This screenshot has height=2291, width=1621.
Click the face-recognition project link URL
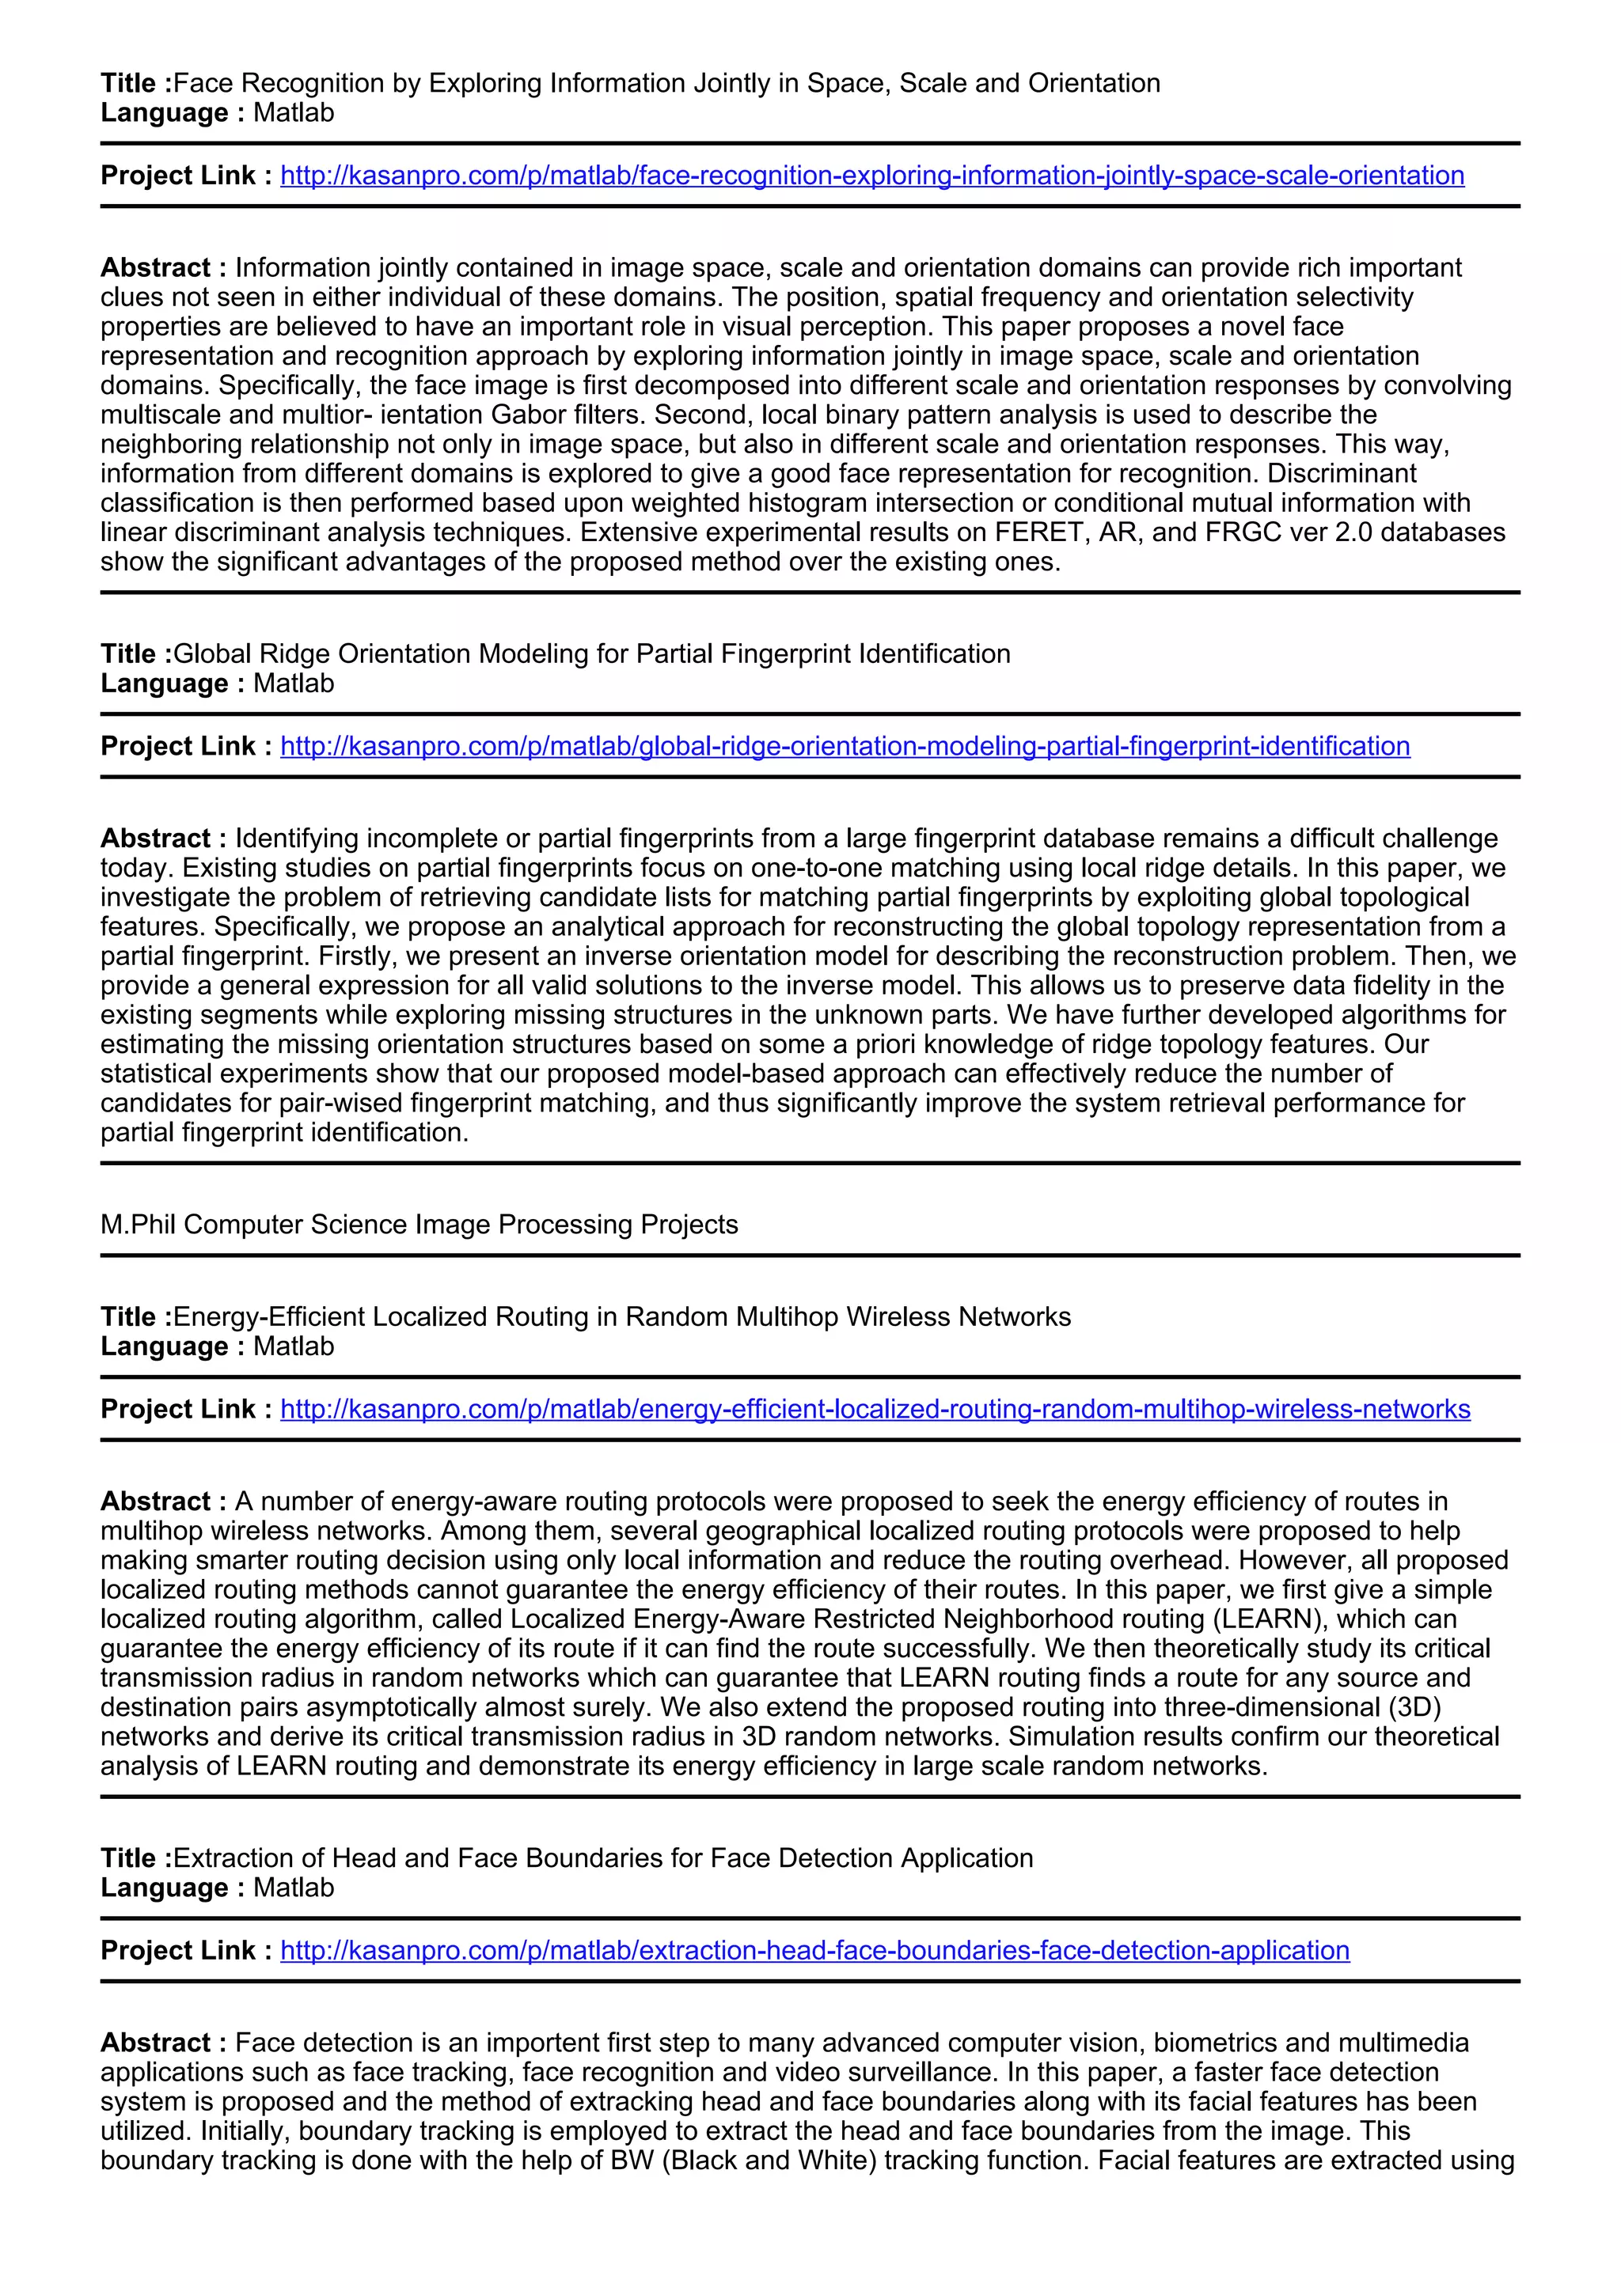pyautogui.click(x=871, y=176)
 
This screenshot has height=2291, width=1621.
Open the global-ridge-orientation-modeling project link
pyautogui.click(x=845, y=746)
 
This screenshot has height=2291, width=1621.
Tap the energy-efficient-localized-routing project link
pyautogui.click(x=875, y=1409)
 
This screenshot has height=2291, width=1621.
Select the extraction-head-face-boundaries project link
pyautogui.click(x=814, y=1950)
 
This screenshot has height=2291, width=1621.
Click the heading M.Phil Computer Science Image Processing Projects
pyautogui.click(x=419, y=1225)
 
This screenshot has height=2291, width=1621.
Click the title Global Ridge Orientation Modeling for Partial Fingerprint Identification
pyautogui.click(x=591, y=653)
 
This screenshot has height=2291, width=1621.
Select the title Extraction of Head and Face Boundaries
pyautogui.click(x=603, y=1858)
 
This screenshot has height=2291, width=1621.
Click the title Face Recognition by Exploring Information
pyautogui.click(x=666, y=83)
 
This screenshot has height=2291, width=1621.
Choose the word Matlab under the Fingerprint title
pyautogui.click(x=294, y=684)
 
